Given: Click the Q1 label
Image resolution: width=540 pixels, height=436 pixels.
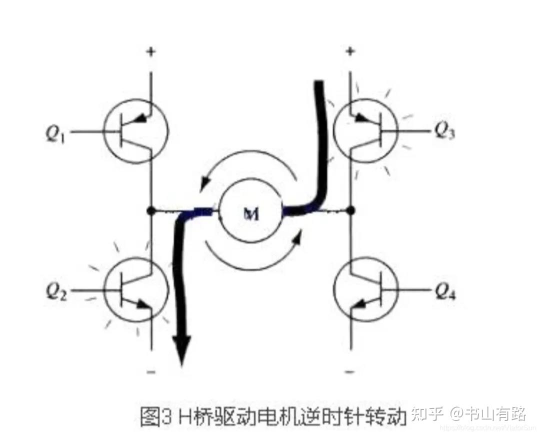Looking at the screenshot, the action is pos(56,134).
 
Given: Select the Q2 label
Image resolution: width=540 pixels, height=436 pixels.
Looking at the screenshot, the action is pos(56,291).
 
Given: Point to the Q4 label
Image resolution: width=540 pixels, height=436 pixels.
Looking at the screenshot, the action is pos(444,290).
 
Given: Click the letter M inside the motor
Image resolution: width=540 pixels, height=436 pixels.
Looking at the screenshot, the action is pos(251,213).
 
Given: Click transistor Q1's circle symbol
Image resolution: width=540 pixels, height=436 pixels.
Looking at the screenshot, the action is pos(136,130).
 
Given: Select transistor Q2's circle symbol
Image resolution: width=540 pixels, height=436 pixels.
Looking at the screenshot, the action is pos(136,289).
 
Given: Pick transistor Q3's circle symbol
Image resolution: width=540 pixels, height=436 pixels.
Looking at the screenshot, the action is pos(365,130).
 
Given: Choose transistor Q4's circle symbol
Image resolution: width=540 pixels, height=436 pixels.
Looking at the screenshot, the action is pos(365,289).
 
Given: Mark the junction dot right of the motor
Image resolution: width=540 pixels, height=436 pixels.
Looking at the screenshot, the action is pos(351,210).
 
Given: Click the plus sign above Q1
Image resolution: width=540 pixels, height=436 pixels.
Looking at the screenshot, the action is pos(150,52).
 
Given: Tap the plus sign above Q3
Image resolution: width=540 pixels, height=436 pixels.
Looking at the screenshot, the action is pos(350,51).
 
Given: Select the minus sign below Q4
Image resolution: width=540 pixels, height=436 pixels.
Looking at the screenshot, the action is pos(350,371).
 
